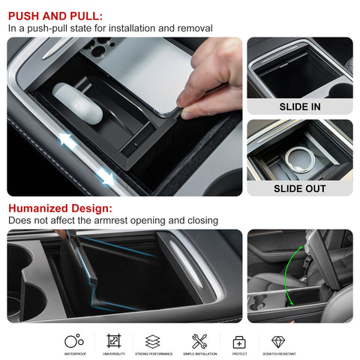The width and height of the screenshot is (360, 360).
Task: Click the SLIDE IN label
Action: (x=299, y=106)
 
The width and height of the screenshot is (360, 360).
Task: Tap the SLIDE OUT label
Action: (x=299, y=188)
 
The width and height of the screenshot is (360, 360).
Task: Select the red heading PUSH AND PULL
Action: (x=55, y=15)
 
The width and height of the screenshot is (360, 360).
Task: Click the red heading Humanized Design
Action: (x=60, y=208)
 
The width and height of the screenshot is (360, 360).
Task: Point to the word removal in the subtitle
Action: (x=193, y=28)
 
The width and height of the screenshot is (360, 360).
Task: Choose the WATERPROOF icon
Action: (x=73, y=341)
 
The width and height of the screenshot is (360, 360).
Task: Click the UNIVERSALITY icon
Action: (x=114, y=341)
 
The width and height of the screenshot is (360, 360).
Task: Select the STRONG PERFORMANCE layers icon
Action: (x=153, y=341)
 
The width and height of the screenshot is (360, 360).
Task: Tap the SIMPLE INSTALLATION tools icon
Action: (x=199, y=341)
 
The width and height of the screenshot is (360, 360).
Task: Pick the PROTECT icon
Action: (x=239, y=341)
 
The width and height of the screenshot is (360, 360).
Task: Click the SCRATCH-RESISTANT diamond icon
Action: (x=277, y=341)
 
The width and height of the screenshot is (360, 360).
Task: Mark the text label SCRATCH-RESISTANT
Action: (x=277, y=354)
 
